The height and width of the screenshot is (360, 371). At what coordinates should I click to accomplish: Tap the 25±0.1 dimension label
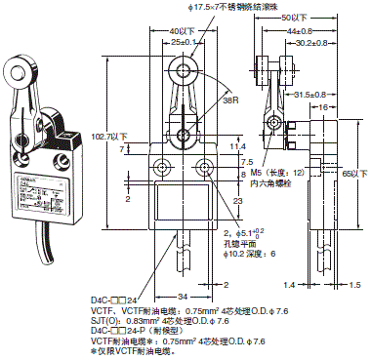click(x=183, y=42)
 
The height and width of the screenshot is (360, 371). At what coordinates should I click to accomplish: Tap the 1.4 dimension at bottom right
click(x=289, y=287)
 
